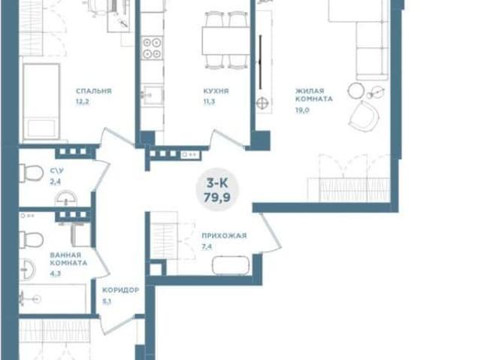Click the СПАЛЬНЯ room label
[x=93, y=91]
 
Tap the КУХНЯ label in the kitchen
[x=216, y=91]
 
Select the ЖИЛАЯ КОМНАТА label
[x=314, y=95]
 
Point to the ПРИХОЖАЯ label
[x=224, y=235]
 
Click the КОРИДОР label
[x=120, y=290]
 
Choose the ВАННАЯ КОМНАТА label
[x=68, y=259]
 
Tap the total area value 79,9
[x=217, y=198]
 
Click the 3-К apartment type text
[x=217, y=183]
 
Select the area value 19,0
[x=302, y=110]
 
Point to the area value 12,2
[x=83, y=101]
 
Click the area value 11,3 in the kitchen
[x=209, y=101]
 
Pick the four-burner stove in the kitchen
[x=152, y=48]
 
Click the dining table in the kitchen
[x=226, y=41]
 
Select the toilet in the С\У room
[x=31, y=173]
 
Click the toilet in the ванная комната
[x=32, y=240]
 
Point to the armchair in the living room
[x=364, y=116]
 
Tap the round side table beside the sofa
[x=355, y=90]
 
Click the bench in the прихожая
[x=231, y=265]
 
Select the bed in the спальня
[x=41, y=101]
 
